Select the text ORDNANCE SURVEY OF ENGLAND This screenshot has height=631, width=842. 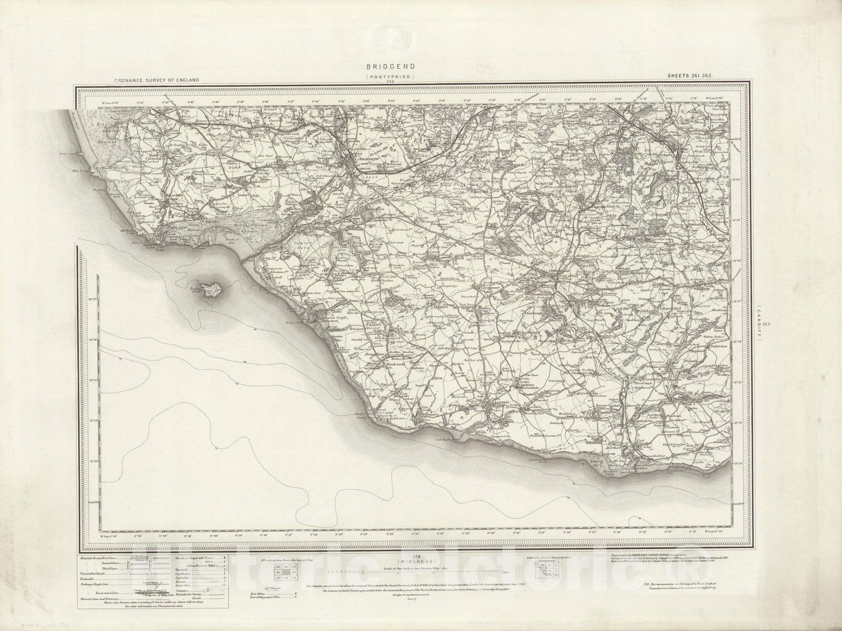pos(156,80)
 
